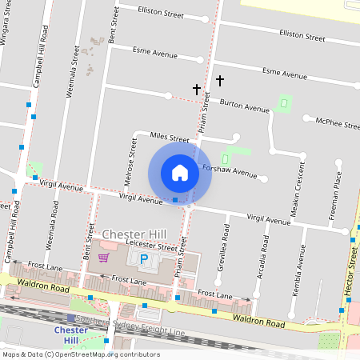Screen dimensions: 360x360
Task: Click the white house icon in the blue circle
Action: (180, 173)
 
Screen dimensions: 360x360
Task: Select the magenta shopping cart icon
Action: (103, 257)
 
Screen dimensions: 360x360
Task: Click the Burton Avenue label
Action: (245, 107)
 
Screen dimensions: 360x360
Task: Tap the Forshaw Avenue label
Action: (230, 173)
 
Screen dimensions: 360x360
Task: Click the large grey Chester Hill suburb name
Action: (134, 234)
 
